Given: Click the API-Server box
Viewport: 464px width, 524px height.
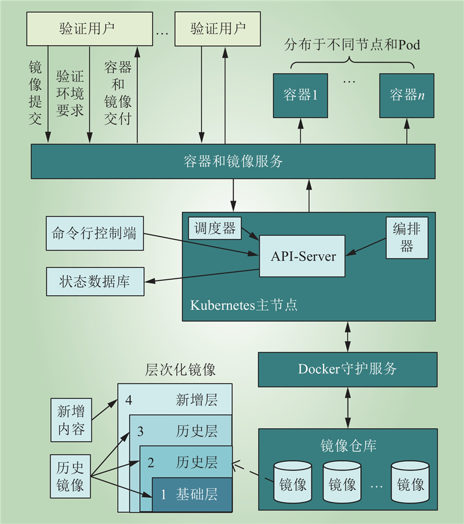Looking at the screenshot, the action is coord(302,256).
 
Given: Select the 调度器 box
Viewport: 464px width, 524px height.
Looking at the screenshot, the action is coord(215,228).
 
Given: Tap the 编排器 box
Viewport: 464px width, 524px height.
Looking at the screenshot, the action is coord(407,238).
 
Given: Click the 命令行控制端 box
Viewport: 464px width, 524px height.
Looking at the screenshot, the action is coord(95,234).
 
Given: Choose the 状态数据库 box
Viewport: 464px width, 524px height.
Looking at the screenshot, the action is coord(95,281).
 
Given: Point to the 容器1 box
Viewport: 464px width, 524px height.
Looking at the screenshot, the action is coord(300,96).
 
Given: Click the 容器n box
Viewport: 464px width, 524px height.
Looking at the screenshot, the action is coord(407,96).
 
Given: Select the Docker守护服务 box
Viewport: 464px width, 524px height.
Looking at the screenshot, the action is coord(347,369).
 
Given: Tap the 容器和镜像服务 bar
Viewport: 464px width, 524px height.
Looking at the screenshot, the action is coord(233,161).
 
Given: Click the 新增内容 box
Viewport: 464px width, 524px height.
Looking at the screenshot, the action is coord(71,420).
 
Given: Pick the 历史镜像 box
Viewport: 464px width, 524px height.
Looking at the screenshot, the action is coord(70,476).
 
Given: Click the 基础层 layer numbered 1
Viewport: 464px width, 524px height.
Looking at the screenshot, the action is coord(192,494).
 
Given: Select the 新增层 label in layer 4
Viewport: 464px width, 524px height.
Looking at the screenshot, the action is coord(197,400).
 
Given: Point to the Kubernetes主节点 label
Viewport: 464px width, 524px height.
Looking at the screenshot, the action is coord(244,305).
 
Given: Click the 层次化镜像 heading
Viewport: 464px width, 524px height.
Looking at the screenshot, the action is coord(180,369).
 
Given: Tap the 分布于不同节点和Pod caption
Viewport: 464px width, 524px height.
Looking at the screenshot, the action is coord(352,45).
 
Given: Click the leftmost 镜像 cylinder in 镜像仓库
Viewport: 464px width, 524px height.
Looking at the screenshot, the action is coord(292,482).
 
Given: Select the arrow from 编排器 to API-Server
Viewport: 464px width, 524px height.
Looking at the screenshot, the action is coord(365,247).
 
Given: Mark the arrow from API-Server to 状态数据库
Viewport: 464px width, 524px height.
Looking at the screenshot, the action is coord(202,275).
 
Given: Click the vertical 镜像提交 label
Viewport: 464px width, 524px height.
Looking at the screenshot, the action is coord(35,93).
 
